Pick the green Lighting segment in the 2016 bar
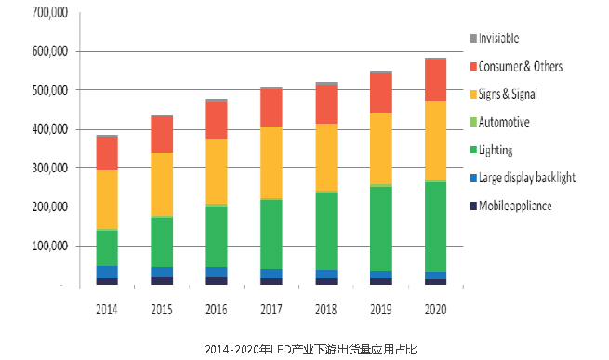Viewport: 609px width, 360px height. pos(217,236)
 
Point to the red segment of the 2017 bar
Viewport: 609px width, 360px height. pos(271,108)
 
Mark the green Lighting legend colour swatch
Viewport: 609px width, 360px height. pos(474,150)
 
